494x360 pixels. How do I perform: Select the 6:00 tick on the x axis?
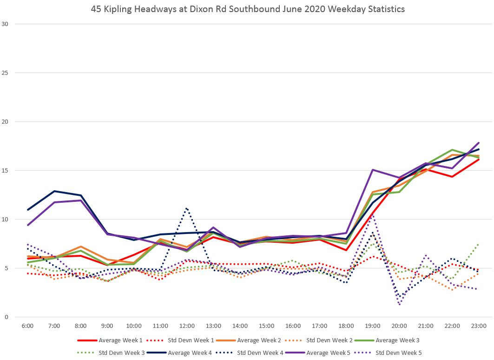(x=27, y=326)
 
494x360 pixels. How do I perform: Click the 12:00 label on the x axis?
(x=187, y=326)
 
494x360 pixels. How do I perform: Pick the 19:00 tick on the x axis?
(x=373, y=326)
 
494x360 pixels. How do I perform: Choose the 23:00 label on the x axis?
(x=479, y=326)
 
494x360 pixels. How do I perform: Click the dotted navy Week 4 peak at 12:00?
(x=186, y=208)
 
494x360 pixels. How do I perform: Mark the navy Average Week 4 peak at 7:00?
(x=54, y=191)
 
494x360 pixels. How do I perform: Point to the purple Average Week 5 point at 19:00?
(x=373, y=170)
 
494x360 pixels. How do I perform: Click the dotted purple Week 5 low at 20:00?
(x=400, y=304)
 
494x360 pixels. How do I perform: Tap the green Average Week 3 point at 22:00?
(x=452, y=150)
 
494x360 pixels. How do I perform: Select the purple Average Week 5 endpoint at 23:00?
(x=479, y=143)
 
